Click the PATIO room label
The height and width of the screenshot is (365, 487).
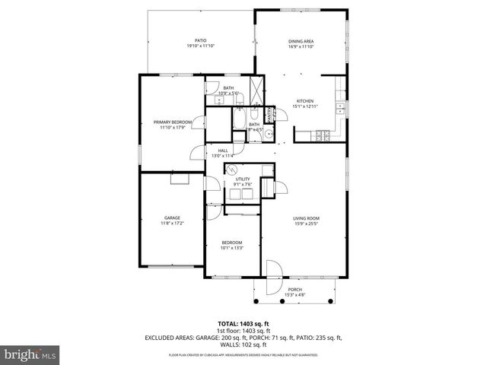coord(201,40)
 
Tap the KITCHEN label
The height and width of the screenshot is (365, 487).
coord(304,101)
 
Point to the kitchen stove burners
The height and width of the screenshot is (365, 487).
coord(323,135)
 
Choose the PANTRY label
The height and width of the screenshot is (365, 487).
coord(269,115)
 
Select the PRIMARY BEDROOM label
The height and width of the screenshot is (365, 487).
coord(173,122)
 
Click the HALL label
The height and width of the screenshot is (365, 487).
coord(223,151)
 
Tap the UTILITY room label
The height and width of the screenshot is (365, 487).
coord(242,179)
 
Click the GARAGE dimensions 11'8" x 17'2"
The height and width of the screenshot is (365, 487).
coord(171,223)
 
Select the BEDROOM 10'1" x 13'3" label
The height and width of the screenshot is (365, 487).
coord(231,244)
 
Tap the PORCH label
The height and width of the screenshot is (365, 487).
coord(294,290)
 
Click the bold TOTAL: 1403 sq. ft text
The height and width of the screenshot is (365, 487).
coord(243,322)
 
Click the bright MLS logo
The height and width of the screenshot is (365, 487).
coord(30,355)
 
